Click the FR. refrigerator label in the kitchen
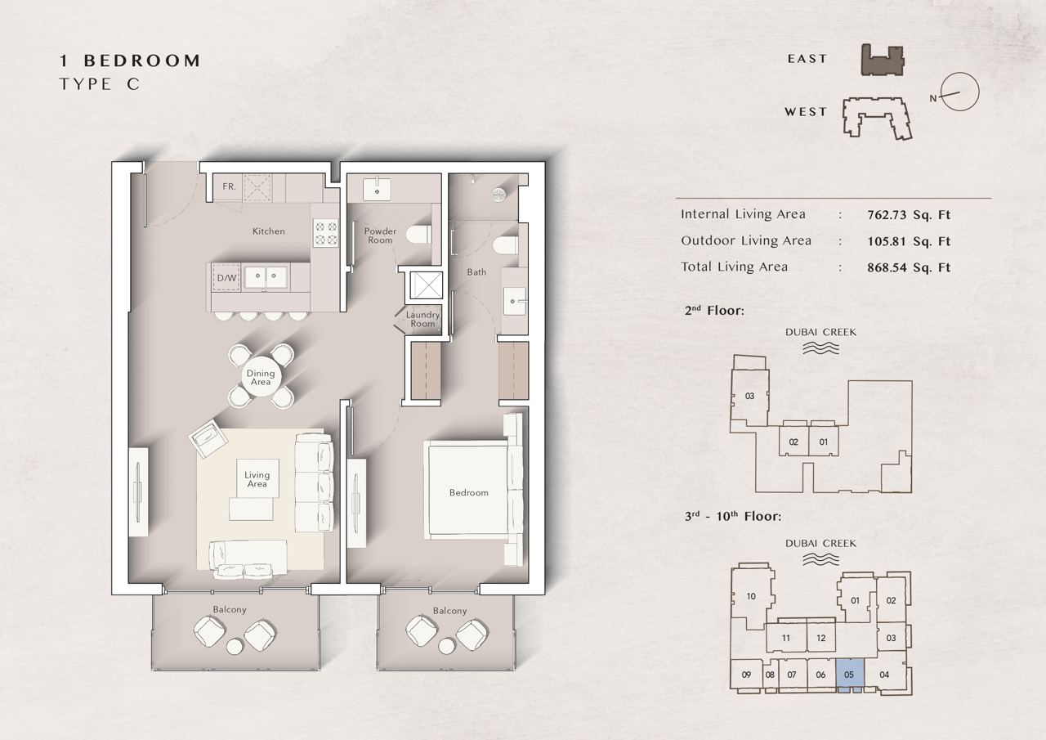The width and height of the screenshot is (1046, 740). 229,187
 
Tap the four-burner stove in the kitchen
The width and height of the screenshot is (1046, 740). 326,234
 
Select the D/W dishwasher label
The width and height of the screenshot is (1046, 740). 227,278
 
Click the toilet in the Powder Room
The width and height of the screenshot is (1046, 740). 419,235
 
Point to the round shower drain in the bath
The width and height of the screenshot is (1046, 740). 498,195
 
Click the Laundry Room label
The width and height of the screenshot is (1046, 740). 422,319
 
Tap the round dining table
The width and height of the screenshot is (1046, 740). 261,377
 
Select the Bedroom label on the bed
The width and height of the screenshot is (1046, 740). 469,492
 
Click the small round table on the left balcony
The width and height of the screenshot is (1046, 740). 235,647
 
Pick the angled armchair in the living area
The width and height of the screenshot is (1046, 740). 208,438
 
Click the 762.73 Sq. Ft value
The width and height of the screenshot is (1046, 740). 909,215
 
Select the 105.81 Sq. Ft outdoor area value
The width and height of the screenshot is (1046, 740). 909,241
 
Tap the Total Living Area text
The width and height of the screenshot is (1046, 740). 734,267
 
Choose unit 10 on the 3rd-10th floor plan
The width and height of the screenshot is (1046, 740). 751,597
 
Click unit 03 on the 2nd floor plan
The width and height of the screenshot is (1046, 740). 749,396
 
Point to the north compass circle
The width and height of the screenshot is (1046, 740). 959,92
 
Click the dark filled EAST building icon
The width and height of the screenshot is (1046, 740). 882,60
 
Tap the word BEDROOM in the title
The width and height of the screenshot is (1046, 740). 142,61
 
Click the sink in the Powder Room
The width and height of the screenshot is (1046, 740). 377,190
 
